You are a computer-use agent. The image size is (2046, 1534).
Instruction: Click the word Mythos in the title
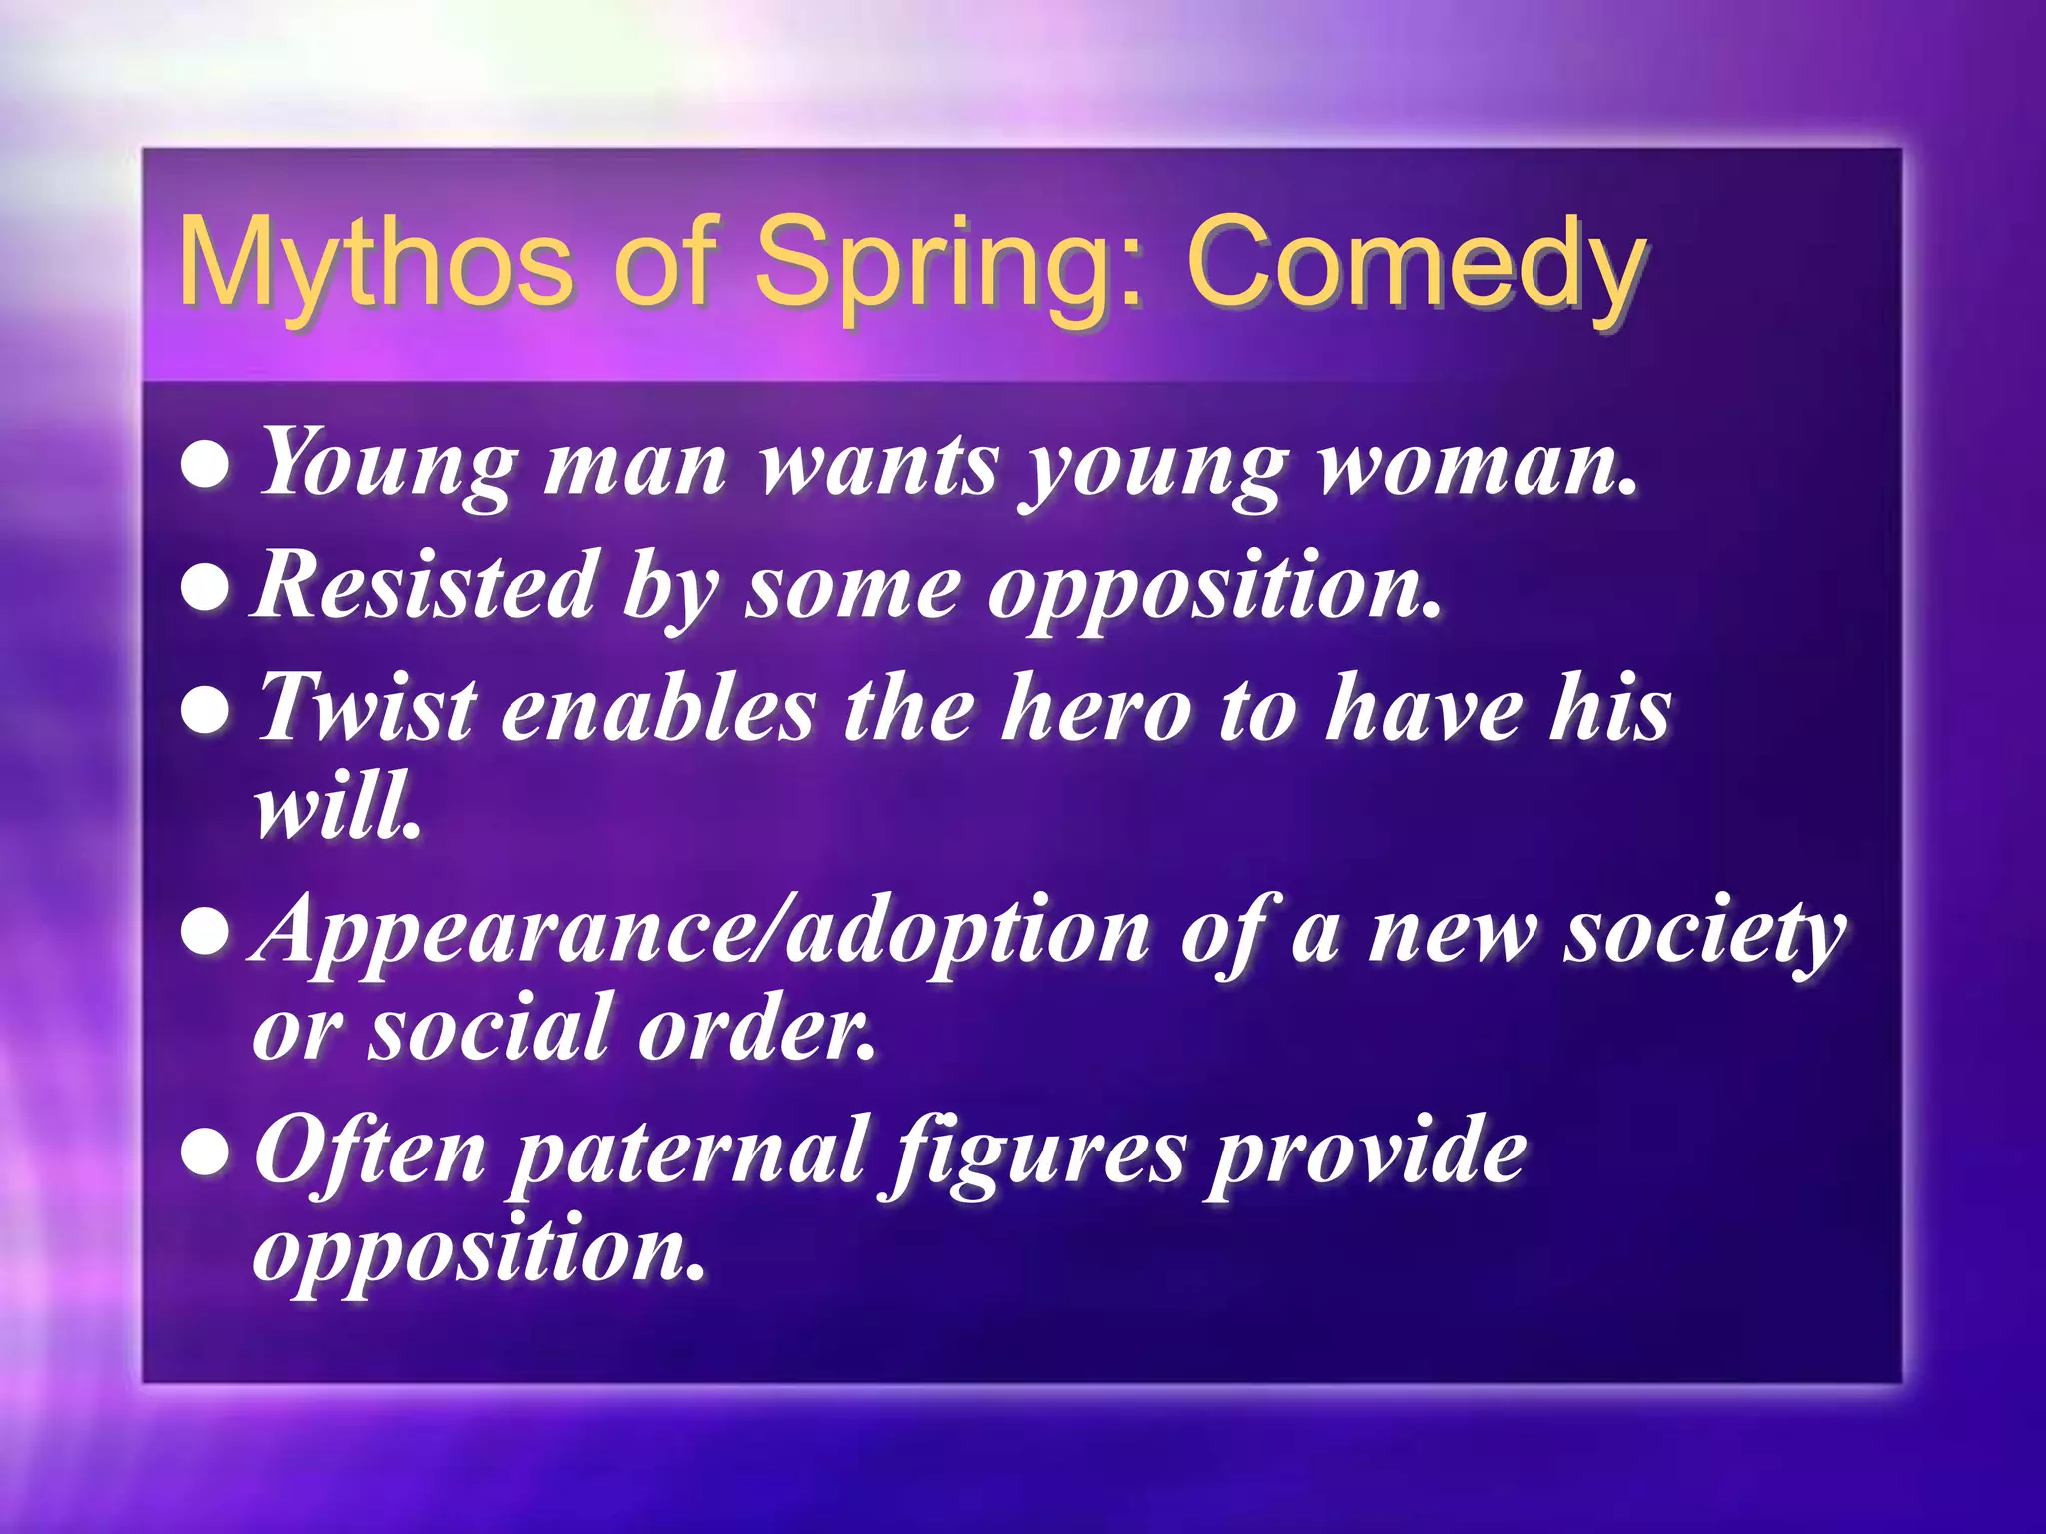375,262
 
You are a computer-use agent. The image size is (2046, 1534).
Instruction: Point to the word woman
1478,464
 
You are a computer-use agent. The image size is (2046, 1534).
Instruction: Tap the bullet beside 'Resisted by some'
206,588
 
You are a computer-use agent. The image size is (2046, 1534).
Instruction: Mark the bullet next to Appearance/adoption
206,933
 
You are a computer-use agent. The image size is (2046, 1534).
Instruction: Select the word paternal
688,1154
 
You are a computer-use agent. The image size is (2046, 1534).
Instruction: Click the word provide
1365,1154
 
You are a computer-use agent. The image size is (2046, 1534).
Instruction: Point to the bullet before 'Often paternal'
206,1154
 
